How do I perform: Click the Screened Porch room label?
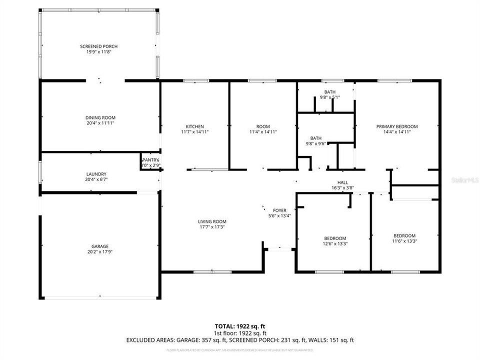click(99, 46)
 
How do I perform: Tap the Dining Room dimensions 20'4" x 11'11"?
click(100, 122)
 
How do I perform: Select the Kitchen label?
click(194, 126)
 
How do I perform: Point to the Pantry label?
click(150, 160)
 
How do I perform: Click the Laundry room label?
click(96, 174)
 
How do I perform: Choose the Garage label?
click(100, 246)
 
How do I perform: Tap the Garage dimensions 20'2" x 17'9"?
click(100, 252)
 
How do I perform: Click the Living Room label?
click(212, 221)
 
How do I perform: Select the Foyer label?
click(279, 210)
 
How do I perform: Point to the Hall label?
click(342, 182)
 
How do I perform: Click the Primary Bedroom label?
click(397, 126)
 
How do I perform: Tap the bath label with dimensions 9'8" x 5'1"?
click(329, 92)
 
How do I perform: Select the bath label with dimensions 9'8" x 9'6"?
click(315, 138)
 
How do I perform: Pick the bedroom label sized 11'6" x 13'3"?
click(404, 236)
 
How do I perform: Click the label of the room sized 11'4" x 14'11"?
click(263, 126)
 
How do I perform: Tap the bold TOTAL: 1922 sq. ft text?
click(239, 325)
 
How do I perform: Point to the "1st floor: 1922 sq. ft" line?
click(239, 332)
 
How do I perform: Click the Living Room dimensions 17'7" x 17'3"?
click(212, 227)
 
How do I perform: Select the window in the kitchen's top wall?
click(196, 80)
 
